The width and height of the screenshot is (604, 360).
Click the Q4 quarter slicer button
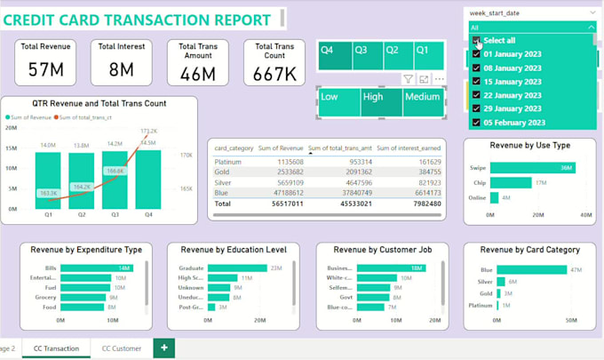[x=334, y=55]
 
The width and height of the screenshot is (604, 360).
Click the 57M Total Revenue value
[x=44, y=69]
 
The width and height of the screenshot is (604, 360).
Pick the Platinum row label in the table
[x=229, y=163]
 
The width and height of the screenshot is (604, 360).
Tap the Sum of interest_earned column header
[x=408, y=148]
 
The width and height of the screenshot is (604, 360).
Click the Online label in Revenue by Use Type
[x=478, y=196]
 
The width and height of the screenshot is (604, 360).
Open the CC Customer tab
[x=122, y=348]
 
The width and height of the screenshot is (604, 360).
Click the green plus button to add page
[x=163, y=348]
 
